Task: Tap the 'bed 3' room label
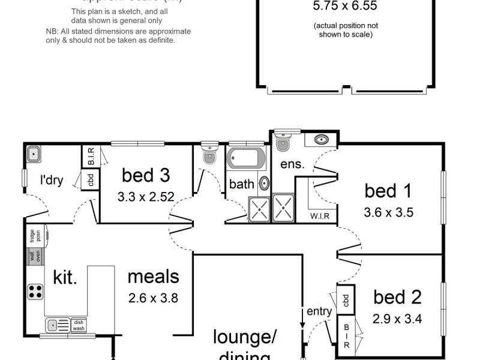(x=146, y=175)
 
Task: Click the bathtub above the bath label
(x=246, y=158)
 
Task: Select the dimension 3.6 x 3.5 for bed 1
(x=388, y=212)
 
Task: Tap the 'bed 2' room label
(x=397, y=297)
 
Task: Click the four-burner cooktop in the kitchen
(x=35, y=292)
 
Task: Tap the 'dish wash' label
(x=79, y=325)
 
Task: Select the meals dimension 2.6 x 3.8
(x=153, y=297)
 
